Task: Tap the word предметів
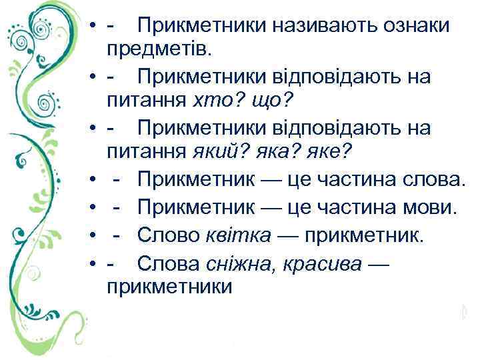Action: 155,50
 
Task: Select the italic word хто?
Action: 214,101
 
